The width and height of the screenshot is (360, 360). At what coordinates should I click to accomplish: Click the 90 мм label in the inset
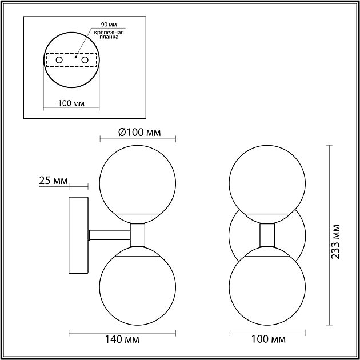pos(109,25)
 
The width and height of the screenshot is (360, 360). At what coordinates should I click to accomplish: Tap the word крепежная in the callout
pos(109,33)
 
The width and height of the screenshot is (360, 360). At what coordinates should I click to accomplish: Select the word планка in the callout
pos(109,37)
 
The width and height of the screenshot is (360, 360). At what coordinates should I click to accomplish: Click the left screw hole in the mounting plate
pos(59,60)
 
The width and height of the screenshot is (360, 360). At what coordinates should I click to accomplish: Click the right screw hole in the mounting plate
pos(85,60)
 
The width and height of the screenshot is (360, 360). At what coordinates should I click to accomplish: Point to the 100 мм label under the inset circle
pos(71,103)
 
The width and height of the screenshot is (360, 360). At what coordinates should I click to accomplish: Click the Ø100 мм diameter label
pos(139,133)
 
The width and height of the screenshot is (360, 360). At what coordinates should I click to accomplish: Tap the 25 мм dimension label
pos(54,181)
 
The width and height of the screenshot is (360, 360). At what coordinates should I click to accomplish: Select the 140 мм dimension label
pos(122,339)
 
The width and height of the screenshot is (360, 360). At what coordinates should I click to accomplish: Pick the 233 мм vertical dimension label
pos(335,242)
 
